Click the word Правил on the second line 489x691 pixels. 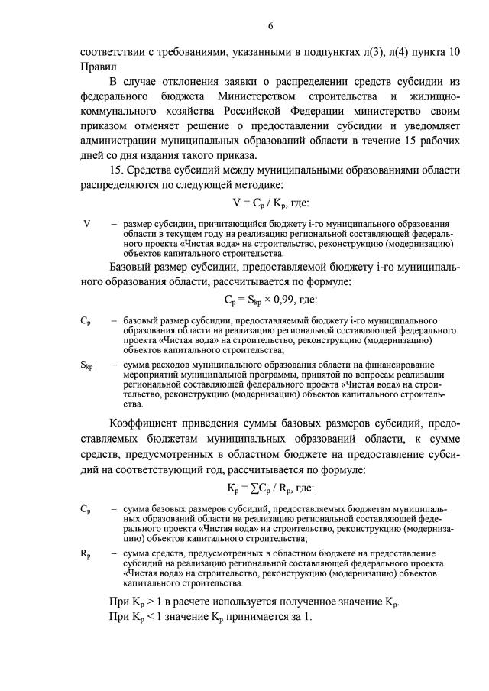pos(97,67)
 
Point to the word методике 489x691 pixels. pos(240,185)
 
